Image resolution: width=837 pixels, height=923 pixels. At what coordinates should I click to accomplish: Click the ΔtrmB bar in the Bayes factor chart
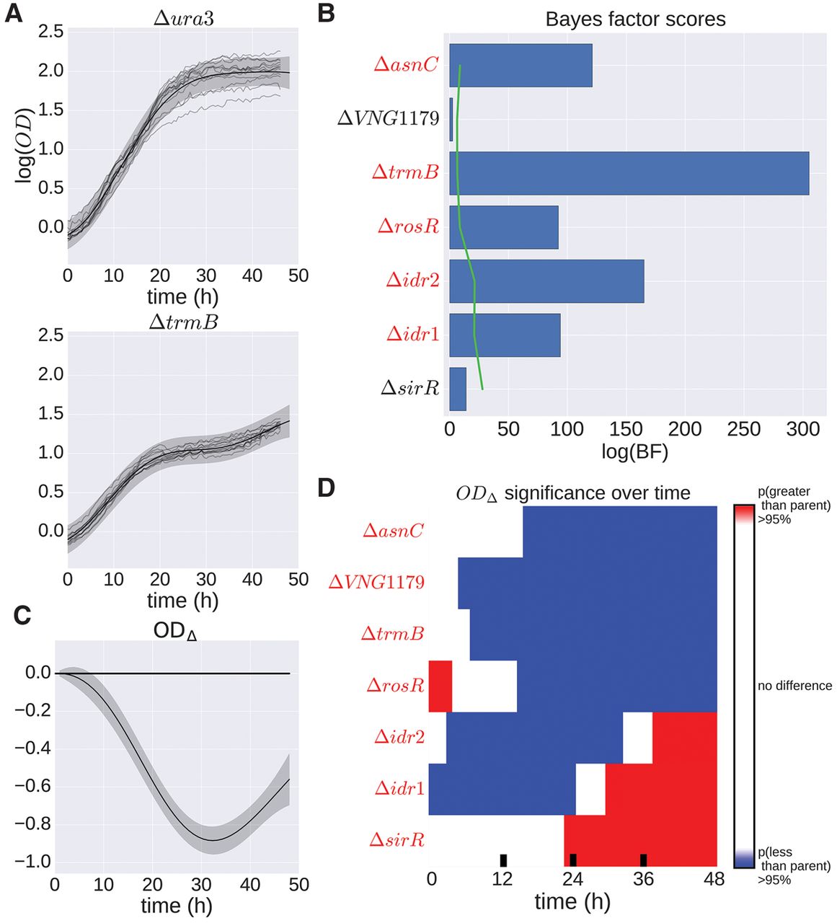click(x=629, y=173)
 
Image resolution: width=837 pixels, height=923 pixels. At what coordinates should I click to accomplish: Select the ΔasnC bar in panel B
click(x=521, y=66)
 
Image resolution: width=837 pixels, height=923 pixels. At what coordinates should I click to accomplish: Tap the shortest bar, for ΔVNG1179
click(x=451, y=120)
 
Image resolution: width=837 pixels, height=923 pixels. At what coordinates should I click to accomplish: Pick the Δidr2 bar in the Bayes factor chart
click(x=546, y=281)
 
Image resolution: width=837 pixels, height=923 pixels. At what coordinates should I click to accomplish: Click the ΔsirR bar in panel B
click(x=458, y=389)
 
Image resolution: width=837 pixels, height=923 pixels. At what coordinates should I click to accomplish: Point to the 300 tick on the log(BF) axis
click(x=802, y=430)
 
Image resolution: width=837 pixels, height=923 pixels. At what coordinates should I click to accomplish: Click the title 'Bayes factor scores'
click(x=635, y=19)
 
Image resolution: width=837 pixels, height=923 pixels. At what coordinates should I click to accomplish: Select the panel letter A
click(x=14, y=14)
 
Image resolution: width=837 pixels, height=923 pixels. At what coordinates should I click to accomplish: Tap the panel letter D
click(x=326, y=488)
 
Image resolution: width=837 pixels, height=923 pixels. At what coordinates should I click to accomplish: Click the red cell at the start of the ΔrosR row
click(x=440, y=686)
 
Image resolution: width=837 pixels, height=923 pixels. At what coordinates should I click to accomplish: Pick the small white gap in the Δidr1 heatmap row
click(x=590, y=790)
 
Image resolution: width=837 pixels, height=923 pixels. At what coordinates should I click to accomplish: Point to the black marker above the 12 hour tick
click(x=503, y=860)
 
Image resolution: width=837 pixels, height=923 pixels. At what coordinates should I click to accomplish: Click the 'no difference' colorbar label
click(x=794, y=686)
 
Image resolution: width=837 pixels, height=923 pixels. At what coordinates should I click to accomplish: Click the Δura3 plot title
click(x=183, y=19)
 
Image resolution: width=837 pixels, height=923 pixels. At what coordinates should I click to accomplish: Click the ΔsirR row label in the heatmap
click(x=397, y=840)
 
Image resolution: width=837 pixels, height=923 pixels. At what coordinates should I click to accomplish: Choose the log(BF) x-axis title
click(x=634, y=452)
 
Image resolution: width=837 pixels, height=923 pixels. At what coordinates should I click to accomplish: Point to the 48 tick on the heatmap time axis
click(x=714, y=880)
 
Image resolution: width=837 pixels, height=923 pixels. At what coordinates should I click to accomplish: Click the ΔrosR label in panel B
click(x=408, y=226)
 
